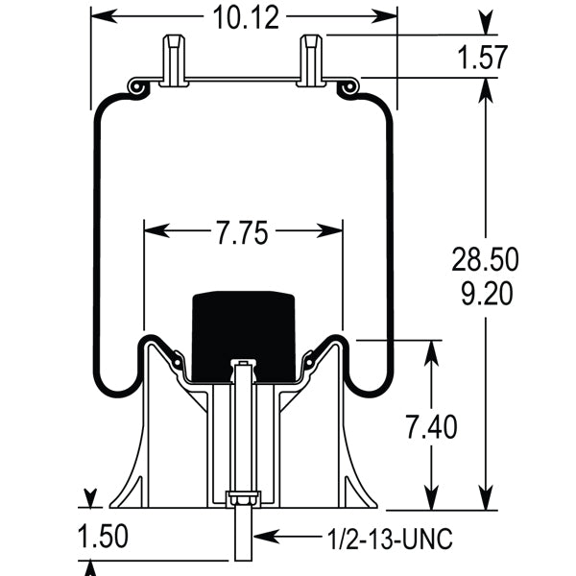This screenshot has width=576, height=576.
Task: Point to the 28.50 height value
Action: tap(486, 259)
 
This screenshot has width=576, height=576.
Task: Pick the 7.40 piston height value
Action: tap(429, 425)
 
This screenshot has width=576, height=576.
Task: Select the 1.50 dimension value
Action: tap(102, 535)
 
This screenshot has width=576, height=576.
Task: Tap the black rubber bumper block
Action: tap(241, 331)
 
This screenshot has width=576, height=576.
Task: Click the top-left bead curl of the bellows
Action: tap(137, 87)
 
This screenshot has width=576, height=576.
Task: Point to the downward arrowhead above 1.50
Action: tap(91, 498)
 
